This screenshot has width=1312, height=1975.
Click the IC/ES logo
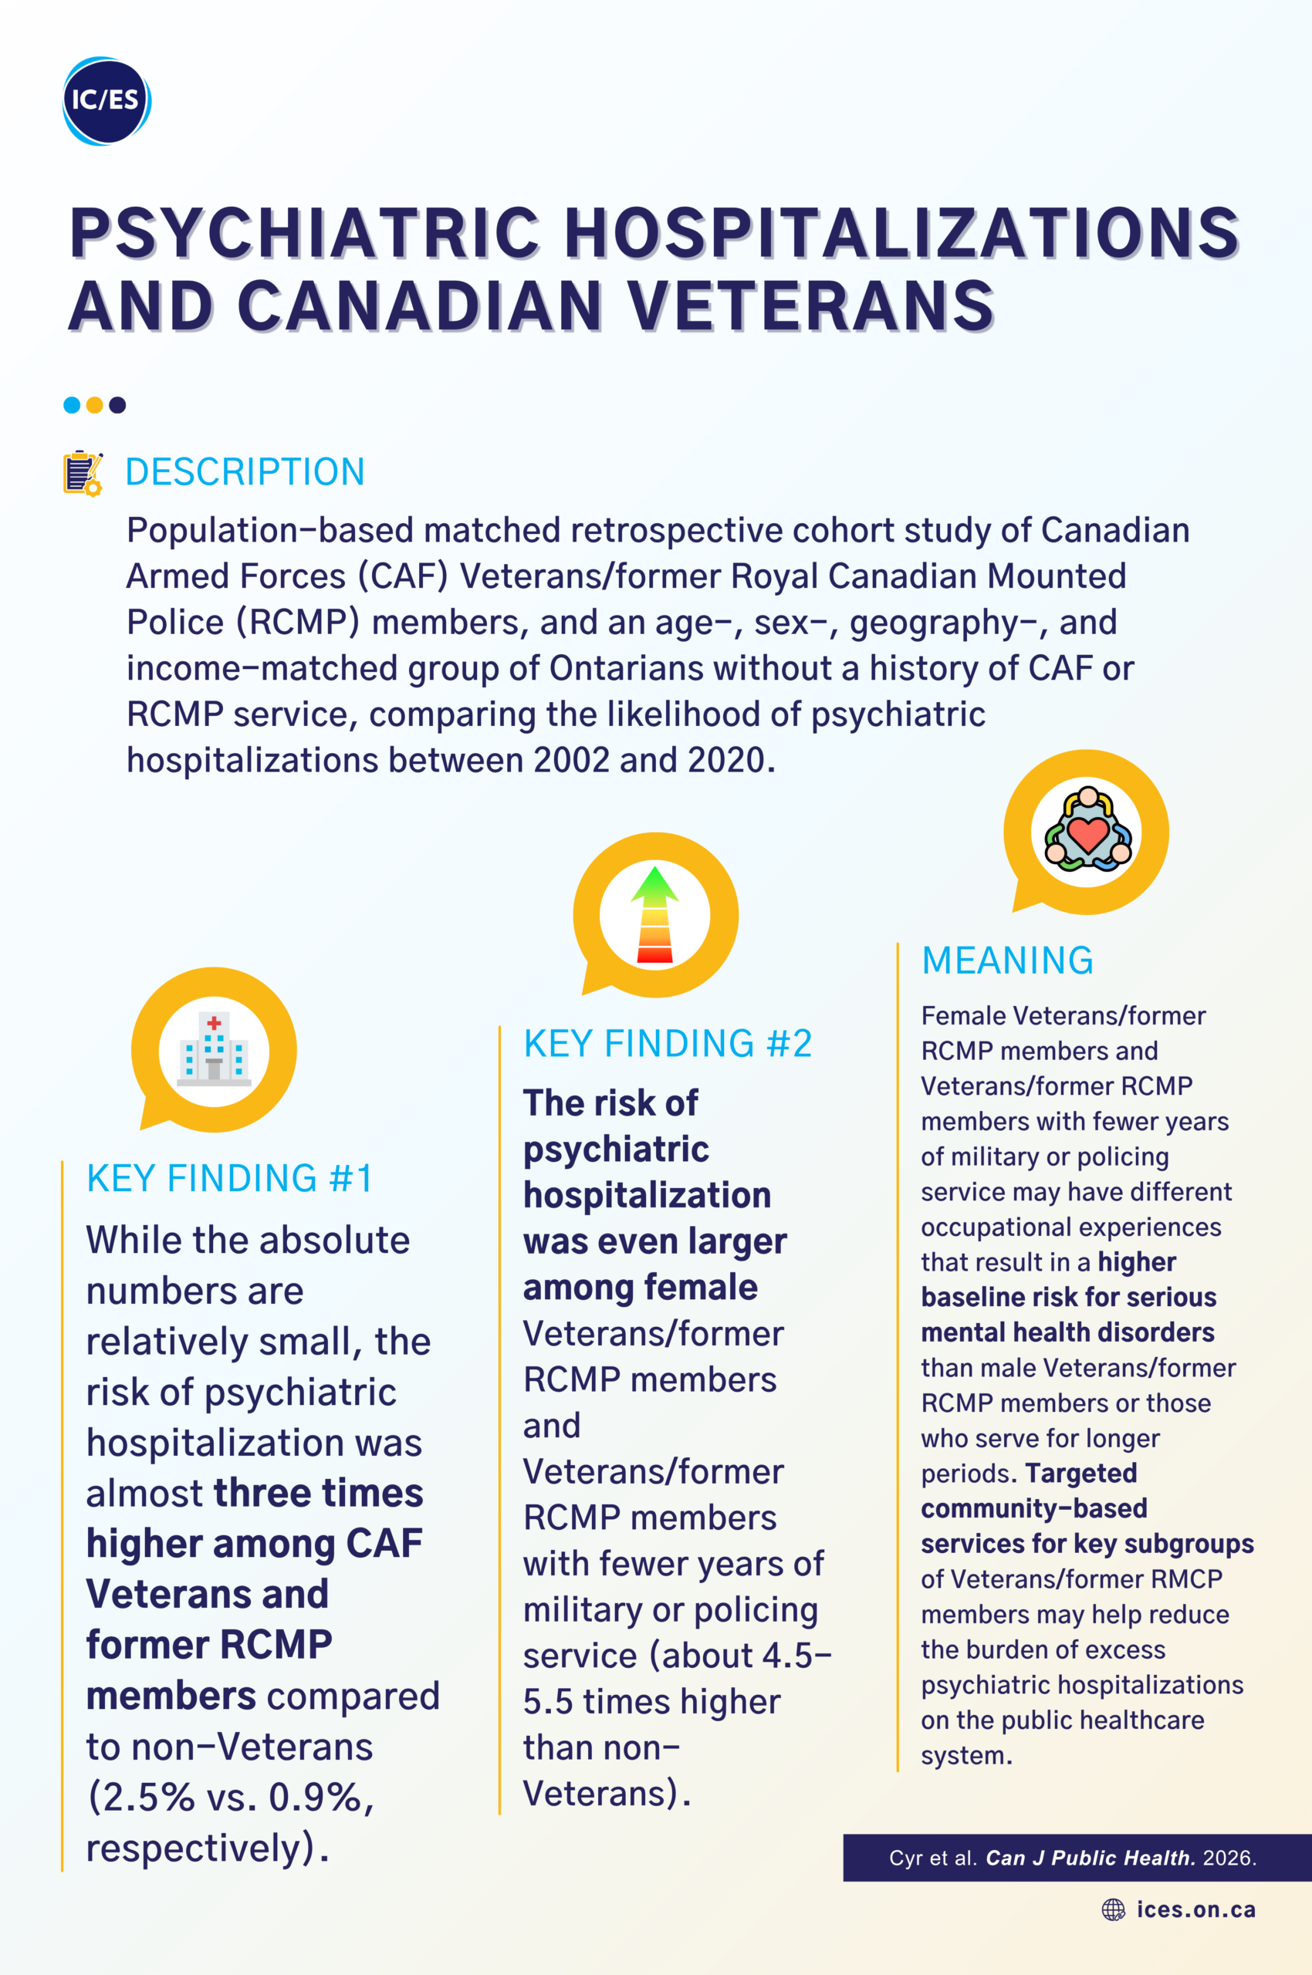pyautogui.click(x=107, y=100)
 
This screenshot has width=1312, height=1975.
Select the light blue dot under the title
pyautogui.click(x=72, y=405)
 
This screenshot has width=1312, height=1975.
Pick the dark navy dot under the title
pyautogui.click(x=117, y=405)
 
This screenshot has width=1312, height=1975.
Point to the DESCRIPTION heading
pyautogui.click(x=245, y=472)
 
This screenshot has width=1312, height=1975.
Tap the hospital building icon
pyautogui.click(x=215, y=1049)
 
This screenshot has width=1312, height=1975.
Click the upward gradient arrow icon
pyautogui.click(x=654, y=915)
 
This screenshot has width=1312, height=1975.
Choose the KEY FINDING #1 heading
pyautogui.click(x=229, y=1178)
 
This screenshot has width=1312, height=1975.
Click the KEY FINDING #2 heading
pyautogui.click(x=667, y=1043)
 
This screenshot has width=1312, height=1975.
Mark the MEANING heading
pyautogui.click(x=1007, y=960)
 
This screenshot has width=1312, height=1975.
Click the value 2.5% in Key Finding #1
pyautogui.click(x=140, y=1797)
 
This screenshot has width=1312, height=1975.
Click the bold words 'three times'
pyautogui.click(x=318, y=1493)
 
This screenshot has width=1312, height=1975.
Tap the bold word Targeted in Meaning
pyautogui.click(x=1081, y=1473)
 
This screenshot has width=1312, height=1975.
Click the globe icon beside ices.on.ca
pyautogui.click(x=1113, y=1909)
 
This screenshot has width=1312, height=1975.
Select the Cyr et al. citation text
pyautogui.click(x=1072, y=1858)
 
